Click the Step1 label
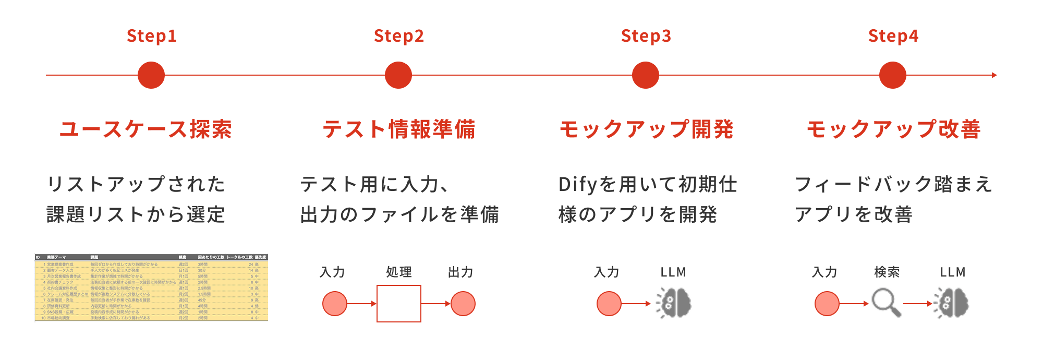tap(152, 36)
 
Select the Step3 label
tap(646, 36)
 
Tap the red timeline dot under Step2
tap(398, 75)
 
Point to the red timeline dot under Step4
tap(892, 75)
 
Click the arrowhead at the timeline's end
tap(994, 75)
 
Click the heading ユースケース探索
tap(145, 129)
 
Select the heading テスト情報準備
tap(399, 129)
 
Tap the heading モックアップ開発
tap(646, 129)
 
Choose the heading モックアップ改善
tap(893, 129)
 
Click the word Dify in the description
tap(578, 184)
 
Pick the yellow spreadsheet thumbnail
tap(151, 287)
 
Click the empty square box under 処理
tap(399, 304)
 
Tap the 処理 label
tap(399, 272)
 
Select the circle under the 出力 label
tap(463, 304)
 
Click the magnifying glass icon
tap(886, 303)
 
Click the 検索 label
tap(887, 272)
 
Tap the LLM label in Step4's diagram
tap(953, 272)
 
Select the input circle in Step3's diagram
tap(609, 304)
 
